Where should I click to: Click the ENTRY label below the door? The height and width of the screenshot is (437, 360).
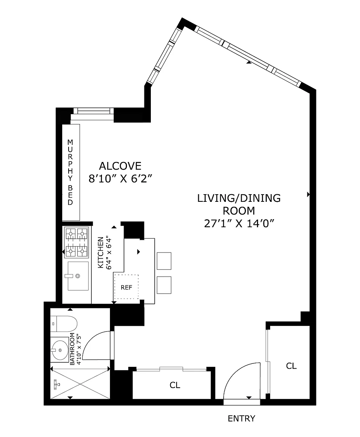pos(241,418)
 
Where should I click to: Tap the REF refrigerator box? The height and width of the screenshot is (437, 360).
pos(126,287)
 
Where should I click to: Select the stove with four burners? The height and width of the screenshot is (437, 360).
pos(76,242)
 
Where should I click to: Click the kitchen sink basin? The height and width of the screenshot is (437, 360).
pos(78,276)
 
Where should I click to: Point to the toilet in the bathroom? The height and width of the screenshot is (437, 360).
pos(64,324)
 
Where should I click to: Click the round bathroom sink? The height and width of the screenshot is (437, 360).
pos(59,350)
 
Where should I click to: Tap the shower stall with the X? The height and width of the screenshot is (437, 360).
pos(80,384)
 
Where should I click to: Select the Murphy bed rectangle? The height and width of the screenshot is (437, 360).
pos(71,172)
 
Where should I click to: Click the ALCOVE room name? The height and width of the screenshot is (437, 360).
pos(120,166)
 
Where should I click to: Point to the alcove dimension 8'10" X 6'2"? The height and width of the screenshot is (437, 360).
pos(121,178)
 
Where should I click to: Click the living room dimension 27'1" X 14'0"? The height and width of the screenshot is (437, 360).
pos(239,223)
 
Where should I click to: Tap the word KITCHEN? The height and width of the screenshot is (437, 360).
pos(100,253)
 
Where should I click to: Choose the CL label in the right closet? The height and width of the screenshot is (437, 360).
pos(291,366)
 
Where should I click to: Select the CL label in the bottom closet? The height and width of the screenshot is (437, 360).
pos(175,385)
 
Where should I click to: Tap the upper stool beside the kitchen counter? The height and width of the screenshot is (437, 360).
pos(164,261)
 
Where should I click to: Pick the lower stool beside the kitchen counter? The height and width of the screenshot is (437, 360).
pos(164,285)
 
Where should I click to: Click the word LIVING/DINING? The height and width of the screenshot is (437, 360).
pos(239,198)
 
